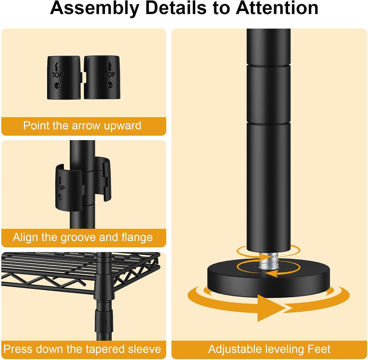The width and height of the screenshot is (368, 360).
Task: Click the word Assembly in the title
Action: tap(95, 8)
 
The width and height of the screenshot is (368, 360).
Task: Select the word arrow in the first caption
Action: tap(86, 126)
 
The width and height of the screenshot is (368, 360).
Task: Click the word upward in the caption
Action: tap(123, 126)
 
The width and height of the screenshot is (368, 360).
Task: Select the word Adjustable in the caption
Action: tap(236, 349)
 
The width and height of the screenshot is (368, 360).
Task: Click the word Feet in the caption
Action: tap(319, 349)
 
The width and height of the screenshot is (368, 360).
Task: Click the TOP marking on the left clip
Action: tap(57, 75)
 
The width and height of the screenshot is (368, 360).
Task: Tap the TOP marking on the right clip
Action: tap(109, 75)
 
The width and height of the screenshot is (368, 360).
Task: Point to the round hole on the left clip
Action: tap(57, 85)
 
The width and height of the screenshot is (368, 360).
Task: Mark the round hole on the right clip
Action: tap(109, 85)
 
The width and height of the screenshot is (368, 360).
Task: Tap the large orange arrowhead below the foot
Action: tap(270, 308)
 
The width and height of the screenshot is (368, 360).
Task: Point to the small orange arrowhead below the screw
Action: tap(270, 274)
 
